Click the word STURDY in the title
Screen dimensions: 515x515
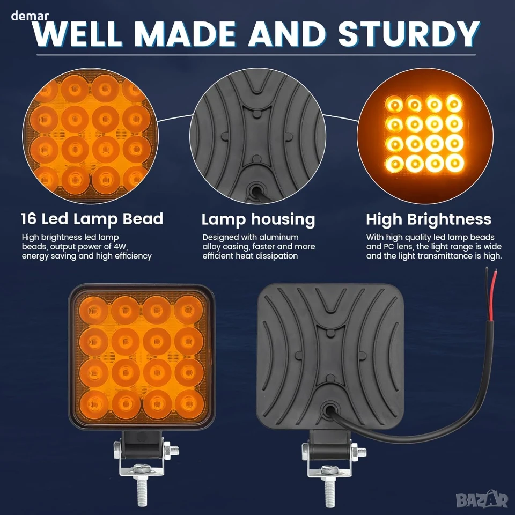point(409,34)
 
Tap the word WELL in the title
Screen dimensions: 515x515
point(78,34)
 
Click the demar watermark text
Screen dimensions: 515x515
point(30,16)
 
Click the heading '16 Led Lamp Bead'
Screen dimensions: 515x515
point(92,219)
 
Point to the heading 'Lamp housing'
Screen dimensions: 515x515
point(258,220)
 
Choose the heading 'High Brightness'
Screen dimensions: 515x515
point(429,220)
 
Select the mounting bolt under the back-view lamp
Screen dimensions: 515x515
point(329,487)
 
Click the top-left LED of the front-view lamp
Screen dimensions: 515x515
point(93,311)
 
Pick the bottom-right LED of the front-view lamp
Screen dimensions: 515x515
point(189,404)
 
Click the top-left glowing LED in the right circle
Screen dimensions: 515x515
point(394,105)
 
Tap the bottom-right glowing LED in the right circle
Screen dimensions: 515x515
point(454,163)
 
